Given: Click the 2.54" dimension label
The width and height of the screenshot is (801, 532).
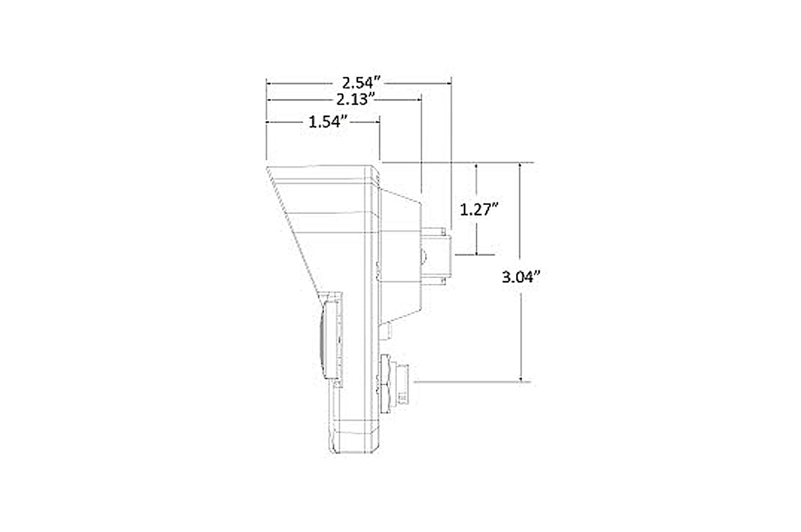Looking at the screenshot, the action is pyautogui.click(x=361, y=84).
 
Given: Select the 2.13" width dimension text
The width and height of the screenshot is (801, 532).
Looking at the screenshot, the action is pyautogui.click(x=355, y=99).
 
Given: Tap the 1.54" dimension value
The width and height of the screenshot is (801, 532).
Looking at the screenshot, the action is pyautogui.click(x=328, y=122).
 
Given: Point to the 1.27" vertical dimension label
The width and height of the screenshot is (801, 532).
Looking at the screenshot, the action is pyautogui.click(x=479, y=209).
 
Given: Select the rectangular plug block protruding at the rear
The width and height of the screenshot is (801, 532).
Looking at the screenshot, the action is pyautogui.click(x=436, y=256).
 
